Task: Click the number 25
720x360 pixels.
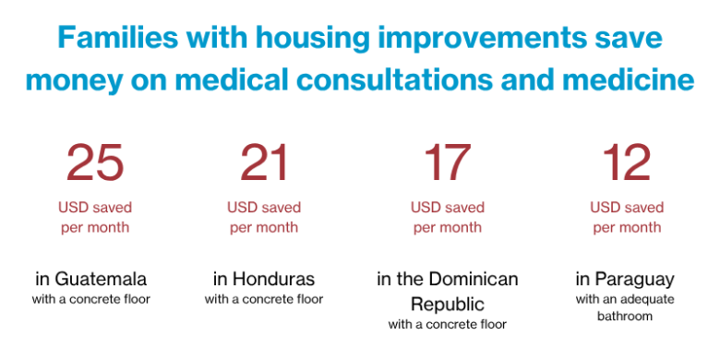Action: click(95, 164)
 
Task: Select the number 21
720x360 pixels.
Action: click(264, 164)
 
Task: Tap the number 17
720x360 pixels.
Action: click(447, 164)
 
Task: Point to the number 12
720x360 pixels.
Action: click(627, 164)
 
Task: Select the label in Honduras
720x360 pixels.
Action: click(264, 279)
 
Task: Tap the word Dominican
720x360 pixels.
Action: click(473, 279)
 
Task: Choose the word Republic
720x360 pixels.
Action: click(448, 304)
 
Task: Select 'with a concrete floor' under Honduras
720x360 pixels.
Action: click(264, 299)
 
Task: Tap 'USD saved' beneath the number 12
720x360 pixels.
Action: click(627, 208)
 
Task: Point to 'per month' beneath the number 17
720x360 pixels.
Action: click(448, 227)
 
